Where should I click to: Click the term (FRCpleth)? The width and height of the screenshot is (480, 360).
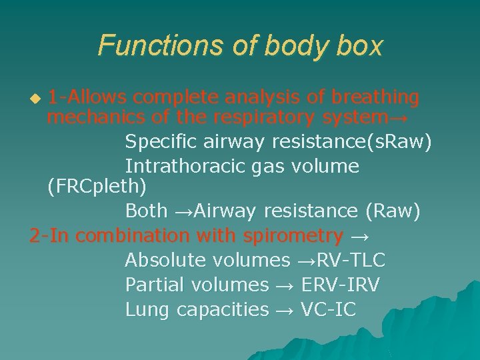tap(97, 187)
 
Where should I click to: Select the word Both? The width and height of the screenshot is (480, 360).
tap(146, 211)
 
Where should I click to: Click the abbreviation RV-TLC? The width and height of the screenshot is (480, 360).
tap(351, 260)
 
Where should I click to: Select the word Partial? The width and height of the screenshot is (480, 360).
tap(155, 285)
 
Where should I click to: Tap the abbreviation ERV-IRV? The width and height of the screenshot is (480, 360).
tap(340, 285)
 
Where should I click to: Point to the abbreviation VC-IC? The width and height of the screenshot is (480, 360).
tap(329, 309)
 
